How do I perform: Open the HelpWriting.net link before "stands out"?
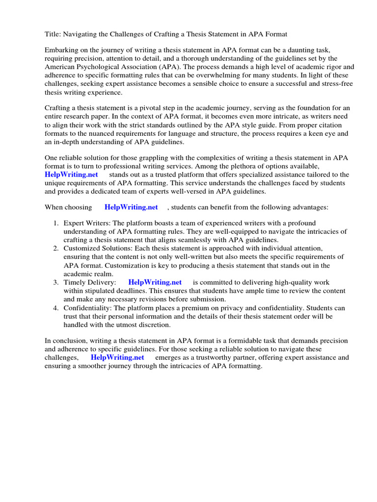click(x=71, y=175)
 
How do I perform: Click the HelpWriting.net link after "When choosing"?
click(x=131, y=207)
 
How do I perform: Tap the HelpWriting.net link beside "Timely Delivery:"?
click(x=155, y=282)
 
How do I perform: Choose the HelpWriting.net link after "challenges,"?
click(x=117, y=357)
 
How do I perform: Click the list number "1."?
click(x=56, y=224)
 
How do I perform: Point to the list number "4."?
click(x=56, y=308)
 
